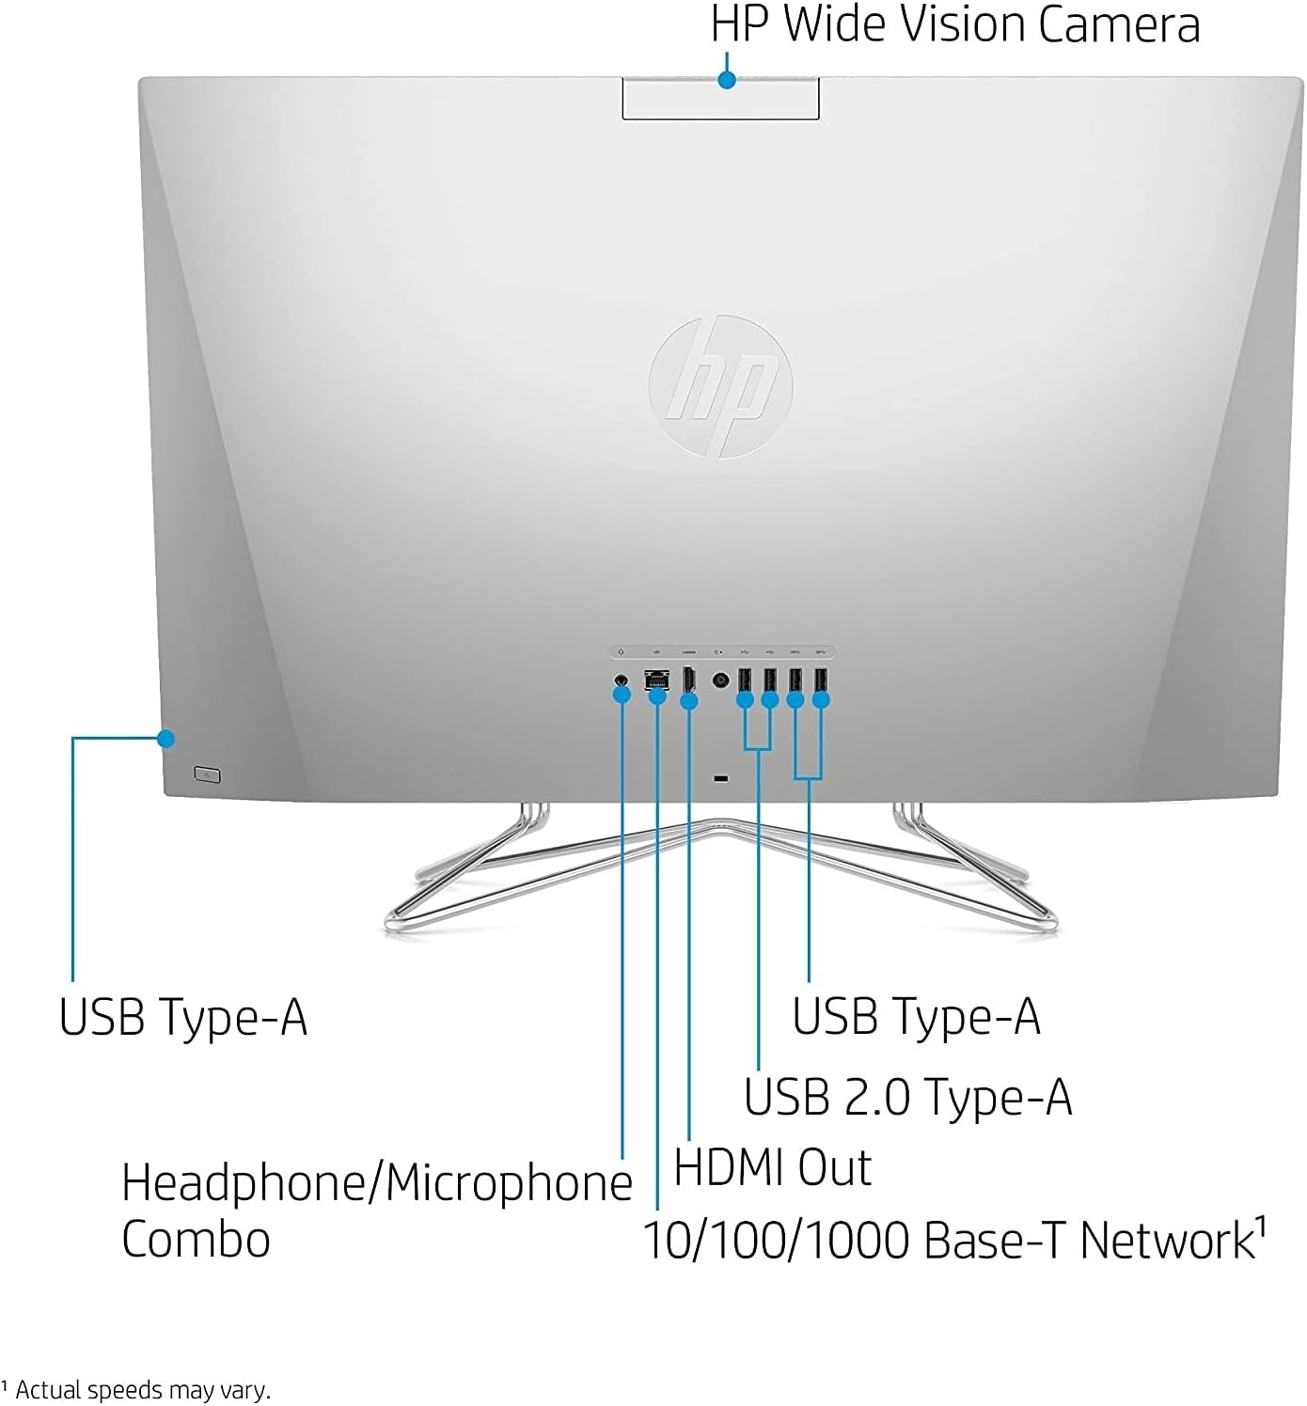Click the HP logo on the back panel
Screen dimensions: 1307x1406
pyautogui.click(x=720, y=386)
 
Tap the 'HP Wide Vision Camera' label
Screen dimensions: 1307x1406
pyautogui.click(x=954, y=24)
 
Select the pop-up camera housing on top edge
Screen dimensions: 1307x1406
pyautogui.click(x=720, y=100)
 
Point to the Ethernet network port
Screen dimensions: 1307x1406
pyautogui.click(x=656, y=678)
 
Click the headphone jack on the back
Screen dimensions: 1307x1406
pyautogui.click(x=621, y=679)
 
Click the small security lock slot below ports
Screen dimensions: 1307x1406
pyautogui.click(x=721, y=778)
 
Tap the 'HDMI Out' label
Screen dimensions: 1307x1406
pyautogui.click(x=772, y=1168)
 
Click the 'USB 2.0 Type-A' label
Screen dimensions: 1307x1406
pyautogui.click(x=907, y=1097)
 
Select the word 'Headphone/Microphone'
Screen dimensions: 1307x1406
pyautogui.click(x=377, y=1182)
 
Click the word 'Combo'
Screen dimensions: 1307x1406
pyautogui.click(x=196, y=1240)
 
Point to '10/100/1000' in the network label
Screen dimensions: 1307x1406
pyautogui.click(x=777, y=1241)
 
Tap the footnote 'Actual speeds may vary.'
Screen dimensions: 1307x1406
pyautogui.click(x=142, y=1390)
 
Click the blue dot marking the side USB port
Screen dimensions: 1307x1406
pyautogui.click(x=166, y=739)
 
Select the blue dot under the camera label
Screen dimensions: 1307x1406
pyautogui.click(x=726, y=80)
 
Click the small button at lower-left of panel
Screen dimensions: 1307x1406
pyautogui.click(x=207, y=774)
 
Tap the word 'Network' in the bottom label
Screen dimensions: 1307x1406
pyautogui.click(x=1166, y=1241)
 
